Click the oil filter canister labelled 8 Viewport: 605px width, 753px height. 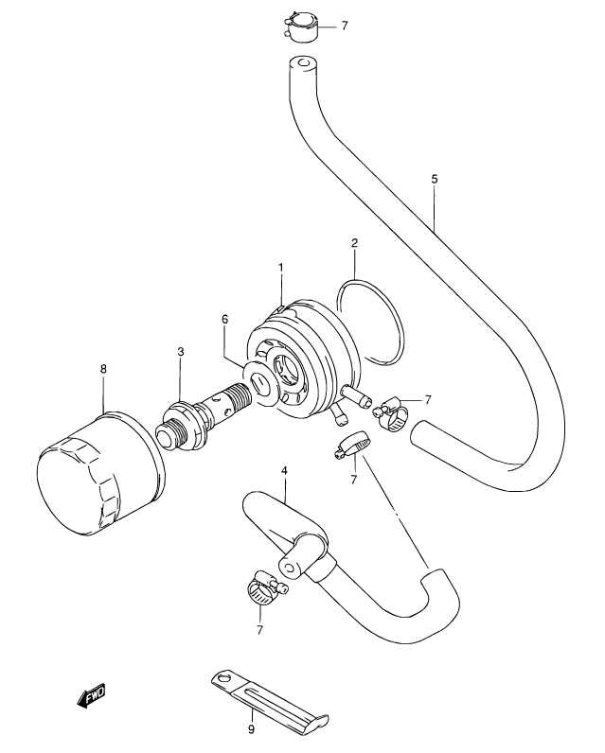101,473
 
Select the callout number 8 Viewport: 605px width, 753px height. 103,369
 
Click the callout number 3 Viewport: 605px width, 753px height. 181,352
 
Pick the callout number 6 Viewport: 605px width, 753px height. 225,320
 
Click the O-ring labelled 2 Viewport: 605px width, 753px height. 370,323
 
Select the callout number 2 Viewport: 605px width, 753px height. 355,242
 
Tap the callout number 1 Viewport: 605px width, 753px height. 281,267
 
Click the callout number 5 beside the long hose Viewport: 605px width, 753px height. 435,179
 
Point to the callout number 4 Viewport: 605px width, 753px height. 284,471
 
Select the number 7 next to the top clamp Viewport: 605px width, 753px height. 345,26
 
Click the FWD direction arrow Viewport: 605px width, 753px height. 91,695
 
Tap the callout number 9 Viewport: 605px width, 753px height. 251,729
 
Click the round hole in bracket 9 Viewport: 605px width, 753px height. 222,679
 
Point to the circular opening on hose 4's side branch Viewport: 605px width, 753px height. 290,568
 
